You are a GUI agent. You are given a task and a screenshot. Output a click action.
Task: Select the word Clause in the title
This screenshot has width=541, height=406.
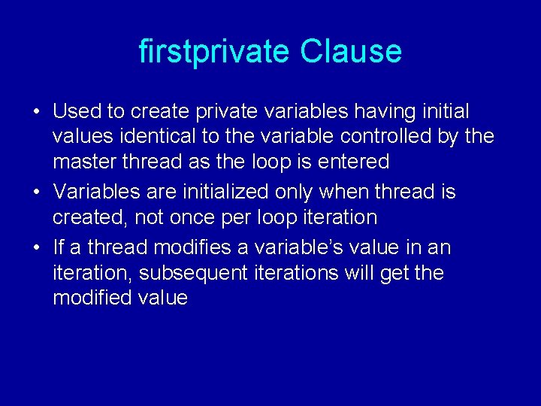tap(351, 52)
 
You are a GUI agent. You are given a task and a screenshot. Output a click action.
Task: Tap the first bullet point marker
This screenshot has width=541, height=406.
tap(36, 112)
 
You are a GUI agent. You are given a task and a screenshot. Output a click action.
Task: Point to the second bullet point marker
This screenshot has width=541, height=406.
tap(36, 192)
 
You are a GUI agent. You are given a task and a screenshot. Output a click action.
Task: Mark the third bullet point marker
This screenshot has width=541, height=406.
tap(36, 247)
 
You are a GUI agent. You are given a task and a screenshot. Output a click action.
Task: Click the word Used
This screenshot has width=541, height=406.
tap(77, 112)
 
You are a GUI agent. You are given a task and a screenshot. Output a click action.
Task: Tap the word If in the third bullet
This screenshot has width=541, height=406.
tap(59, 247)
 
